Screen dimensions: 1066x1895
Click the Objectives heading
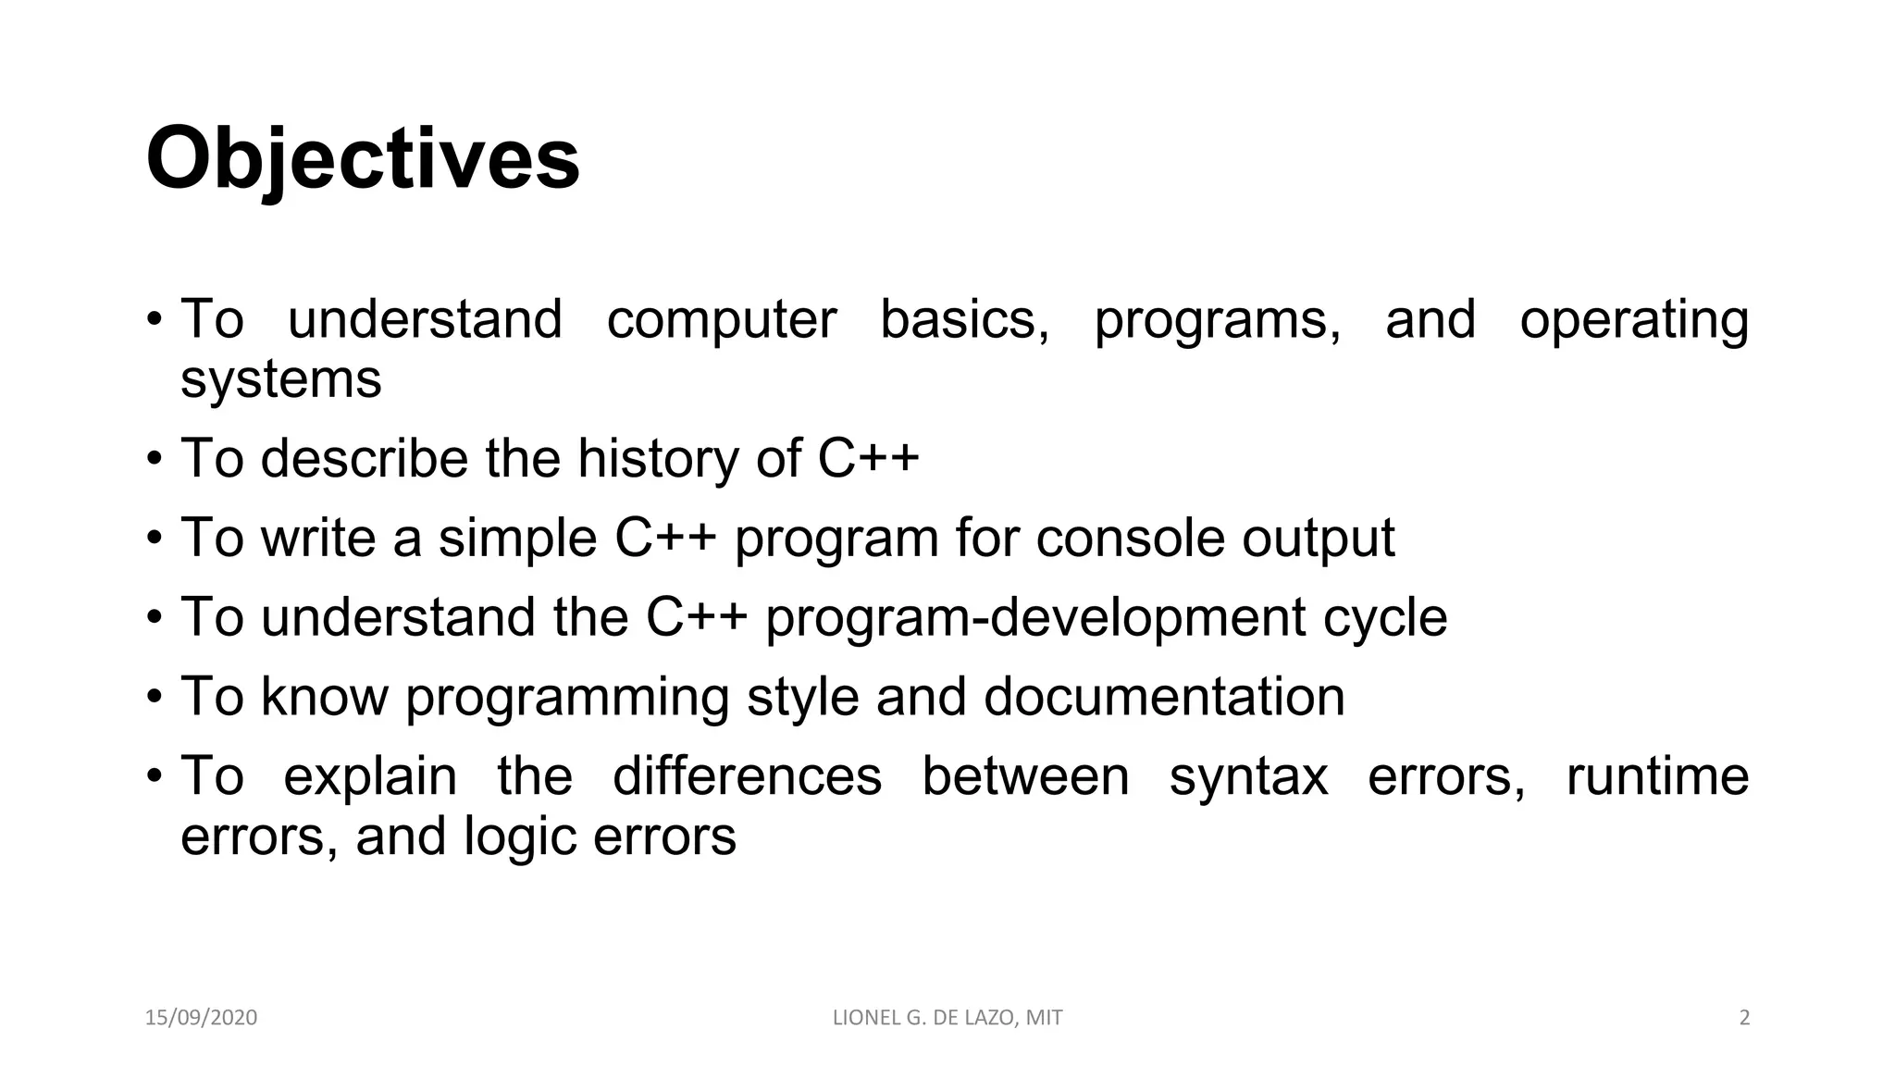pos(363,159)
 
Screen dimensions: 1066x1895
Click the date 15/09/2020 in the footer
pos(201,1018)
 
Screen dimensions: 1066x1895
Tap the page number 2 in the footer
pos(1744,1018)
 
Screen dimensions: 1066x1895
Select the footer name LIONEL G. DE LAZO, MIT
pos(947,1018)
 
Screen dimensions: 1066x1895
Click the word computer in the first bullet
pos(721,319)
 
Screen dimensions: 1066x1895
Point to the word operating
pos(1633,321)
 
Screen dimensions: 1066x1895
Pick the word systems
pos(280,379)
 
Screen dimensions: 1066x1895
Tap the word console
pos(1130,538)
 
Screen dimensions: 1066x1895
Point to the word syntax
pos(1248,776)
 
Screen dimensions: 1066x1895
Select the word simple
pos(517,539)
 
